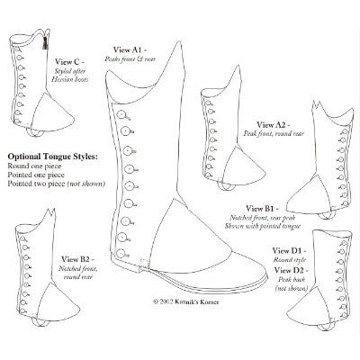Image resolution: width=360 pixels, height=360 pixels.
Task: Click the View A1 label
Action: tap(130, 49)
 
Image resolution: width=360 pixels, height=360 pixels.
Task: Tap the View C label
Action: tap(69, 62)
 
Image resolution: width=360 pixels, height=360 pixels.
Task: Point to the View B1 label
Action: tap(262, 208)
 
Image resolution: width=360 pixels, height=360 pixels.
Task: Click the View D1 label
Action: tap(289, 250)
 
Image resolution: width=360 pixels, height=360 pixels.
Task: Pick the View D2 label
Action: tap(291, 270)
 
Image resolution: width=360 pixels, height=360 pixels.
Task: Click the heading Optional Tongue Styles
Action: tap(53, 157)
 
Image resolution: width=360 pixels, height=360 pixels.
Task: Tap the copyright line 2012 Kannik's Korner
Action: tap(186, 301)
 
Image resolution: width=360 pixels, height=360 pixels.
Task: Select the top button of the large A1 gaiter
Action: tap(122, 114)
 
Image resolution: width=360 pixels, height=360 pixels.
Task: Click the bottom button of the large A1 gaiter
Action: tap(121, 253)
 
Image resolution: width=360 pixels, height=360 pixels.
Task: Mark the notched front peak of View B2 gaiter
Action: tap(51, 213)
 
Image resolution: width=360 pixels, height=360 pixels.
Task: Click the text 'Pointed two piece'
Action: tap(36, 184)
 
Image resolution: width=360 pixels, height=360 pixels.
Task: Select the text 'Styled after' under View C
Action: tap(70, 71)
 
